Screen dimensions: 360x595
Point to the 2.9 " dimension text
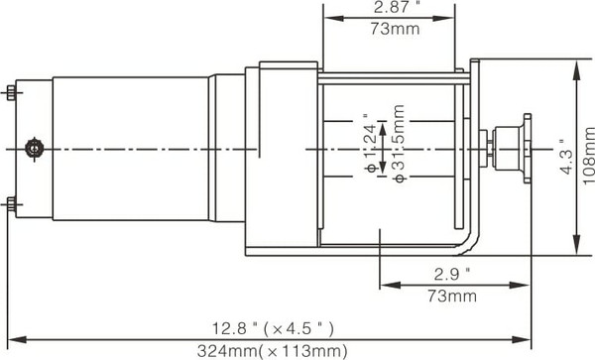pos(452,273)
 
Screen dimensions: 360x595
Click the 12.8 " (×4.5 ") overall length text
pos(271,328)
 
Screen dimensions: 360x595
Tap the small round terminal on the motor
pos(36,148)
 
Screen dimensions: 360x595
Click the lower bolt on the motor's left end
pos(11,204)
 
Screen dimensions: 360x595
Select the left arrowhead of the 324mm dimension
pos(12,339)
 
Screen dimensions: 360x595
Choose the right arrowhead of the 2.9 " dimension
pos(527,285)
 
